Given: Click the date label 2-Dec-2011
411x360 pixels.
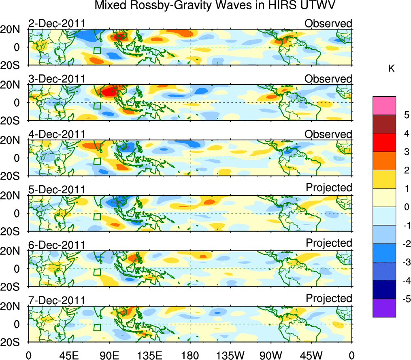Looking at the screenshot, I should tap(56, 23).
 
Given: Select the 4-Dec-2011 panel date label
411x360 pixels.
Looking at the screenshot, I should tap(56, 134).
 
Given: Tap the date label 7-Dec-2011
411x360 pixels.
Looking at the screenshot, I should tap(56, 301).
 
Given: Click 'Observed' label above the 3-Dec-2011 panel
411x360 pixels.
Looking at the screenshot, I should tap(328, 79).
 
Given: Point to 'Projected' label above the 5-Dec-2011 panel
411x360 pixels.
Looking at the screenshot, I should tap(329, 188).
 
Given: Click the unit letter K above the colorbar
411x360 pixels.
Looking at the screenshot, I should tap(391, 69).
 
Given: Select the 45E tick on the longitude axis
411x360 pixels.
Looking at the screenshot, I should tap(68, 355).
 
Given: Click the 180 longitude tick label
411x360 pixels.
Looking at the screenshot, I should tap(190, 355).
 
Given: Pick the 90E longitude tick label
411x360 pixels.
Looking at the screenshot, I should tap(109, 355).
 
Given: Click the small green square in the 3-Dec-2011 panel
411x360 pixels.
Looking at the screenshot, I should tap(97, 106).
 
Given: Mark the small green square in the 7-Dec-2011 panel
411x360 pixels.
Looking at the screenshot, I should tap(97, 327).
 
